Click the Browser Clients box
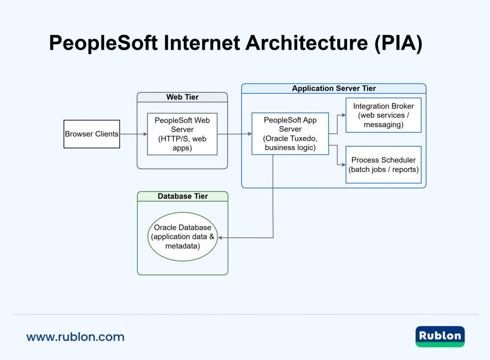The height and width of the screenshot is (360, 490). pos(91,134)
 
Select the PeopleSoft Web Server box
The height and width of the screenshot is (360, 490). pos(182,134)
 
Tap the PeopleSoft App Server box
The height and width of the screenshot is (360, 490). pos(290,134)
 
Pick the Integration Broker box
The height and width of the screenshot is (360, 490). pos(383,115)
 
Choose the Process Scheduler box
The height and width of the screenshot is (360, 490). pos(383,164)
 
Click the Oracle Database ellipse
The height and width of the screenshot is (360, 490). pos(182,237)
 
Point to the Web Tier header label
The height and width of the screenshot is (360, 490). pos(182,97)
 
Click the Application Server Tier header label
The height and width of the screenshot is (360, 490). pos(334,88)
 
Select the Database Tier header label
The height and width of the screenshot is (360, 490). pos(182,196)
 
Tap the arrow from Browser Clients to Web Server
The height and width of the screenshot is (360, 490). pos(134,134)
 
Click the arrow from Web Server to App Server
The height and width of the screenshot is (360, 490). pos(234,134)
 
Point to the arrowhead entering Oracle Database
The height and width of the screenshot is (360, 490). pos(221,238)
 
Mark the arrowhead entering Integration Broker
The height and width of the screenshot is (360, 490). pos(343,115)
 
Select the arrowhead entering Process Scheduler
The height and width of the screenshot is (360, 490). pos(343,164)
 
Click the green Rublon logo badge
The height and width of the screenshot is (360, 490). pos(440,336)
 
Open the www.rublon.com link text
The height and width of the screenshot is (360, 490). pos(75,337)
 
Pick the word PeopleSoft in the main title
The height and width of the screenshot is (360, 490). pos(103,44)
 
